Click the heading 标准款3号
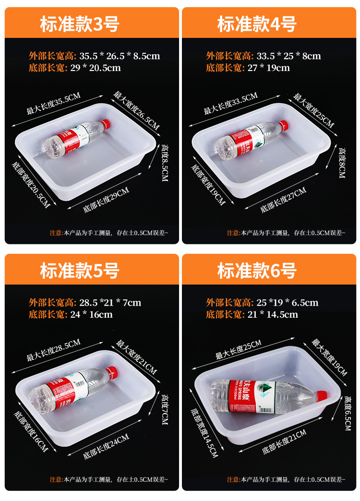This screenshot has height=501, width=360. pyautogui.click(x=80, y=24)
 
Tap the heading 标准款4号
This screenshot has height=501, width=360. pyautogui.click(x=257, y=24)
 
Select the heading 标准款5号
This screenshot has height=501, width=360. pyautogui.click(x=80, y=271)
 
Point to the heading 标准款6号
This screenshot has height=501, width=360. pyautogui.click(x=257, y=271)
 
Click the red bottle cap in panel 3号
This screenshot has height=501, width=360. pyautogui.click(x=106, y=124)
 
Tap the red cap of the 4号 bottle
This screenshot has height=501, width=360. pyautogui.click(x=283, y=125)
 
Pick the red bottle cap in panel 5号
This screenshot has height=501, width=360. pyautogui.click(x=112, y=371)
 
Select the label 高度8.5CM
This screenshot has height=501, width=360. pyautogui.click(x=165, y=163)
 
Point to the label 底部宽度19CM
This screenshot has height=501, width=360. pyautogui.click(x=208, y=185)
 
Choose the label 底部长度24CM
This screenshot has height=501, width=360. pyautogui.click(x=106, y=447)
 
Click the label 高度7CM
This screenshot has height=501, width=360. pyautogui.click(x=165, y=409)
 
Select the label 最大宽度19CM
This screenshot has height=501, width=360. pyautogui.click(x=329, y=357)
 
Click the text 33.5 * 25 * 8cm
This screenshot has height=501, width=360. pyautogui.click(x=288, y=56)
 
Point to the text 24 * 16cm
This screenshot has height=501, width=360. pyautogui.click(x=91, y=314)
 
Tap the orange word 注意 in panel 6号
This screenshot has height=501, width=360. pyautogui.click(x=233, y=479)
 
